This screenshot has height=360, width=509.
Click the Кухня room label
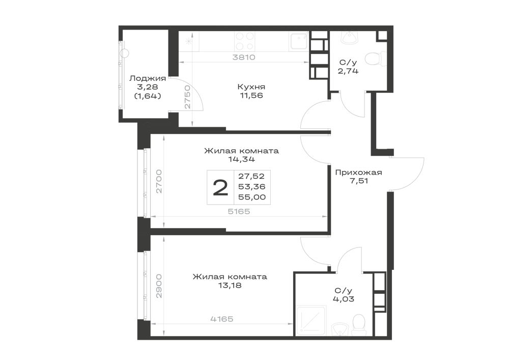coord(251,87)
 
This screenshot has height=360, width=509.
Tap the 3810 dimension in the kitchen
coord(244,58)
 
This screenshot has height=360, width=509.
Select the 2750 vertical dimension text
coord(187,97)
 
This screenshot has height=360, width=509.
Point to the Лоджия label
coord(148,78)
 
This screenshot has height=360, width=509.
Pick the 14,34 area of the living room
coord(241,159)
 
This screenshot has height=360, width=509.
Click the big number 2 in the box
coord(220,188)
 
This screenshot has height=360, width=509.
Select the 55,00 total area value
coord(252,197)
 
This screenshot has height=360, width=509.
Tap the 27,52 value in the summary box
coord(251,176)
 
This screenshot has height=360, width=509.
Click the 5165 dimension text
coord(239,212)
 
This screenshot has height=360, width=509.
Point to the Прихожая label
coord(358,173)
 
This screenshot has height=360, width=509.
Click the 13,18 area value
coord(230,286)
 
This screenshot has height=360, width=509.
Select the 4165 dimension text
coord(222,319)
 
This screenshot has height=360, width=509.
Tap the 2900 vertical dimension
coord(159,286)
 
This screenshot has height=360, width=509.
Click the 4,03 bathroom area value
coord(344,299)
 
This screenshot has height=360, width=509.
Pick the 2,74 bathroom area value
coord(348,71)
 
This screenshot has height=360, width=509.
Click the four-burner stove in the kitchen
coord(244,41)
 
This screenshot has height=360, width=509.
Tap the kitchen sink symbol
coord(299,41)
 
